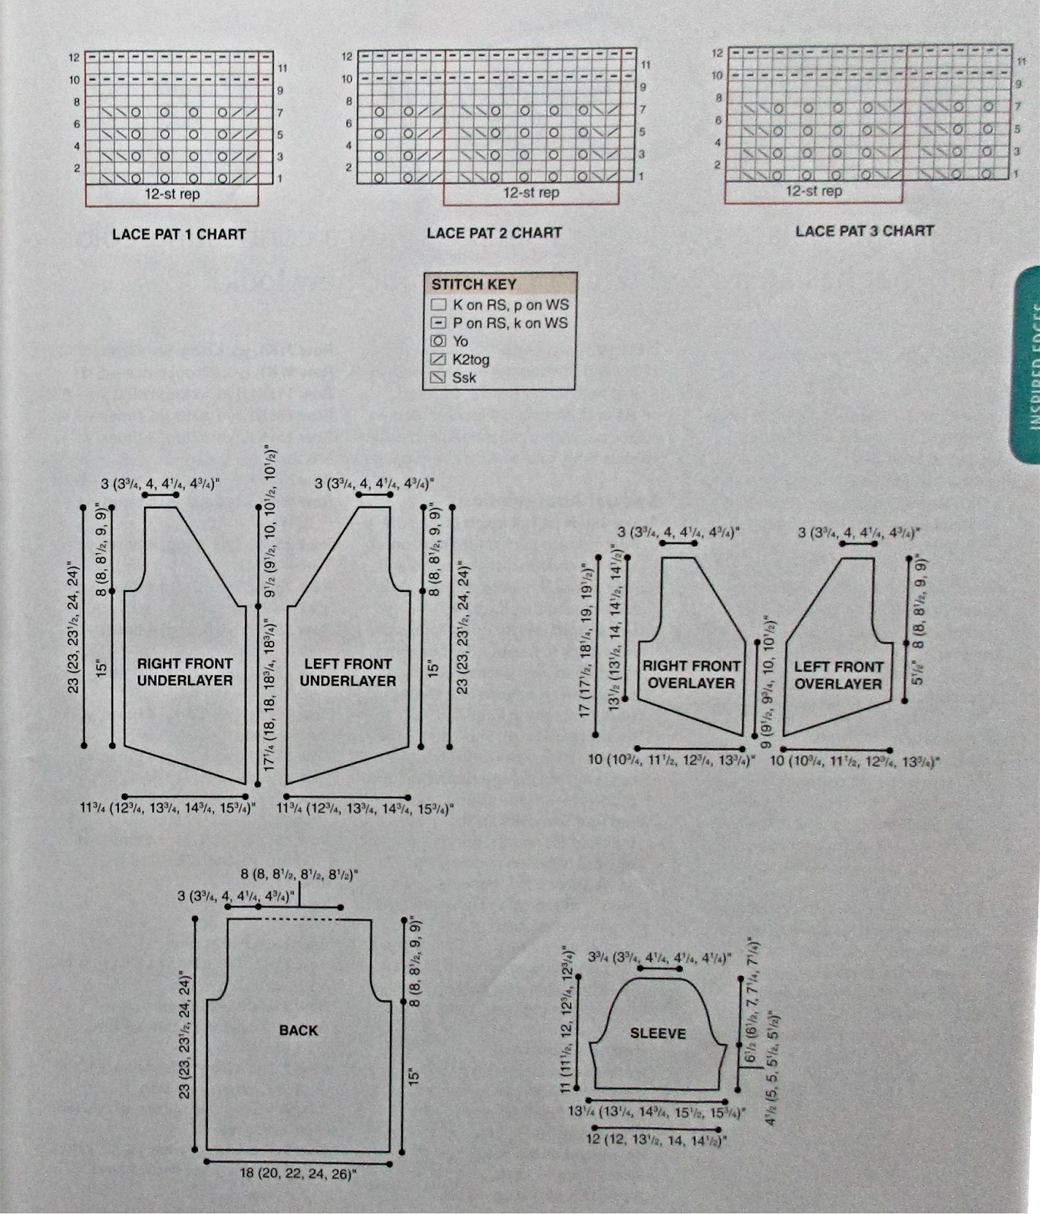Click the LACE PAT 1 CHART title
[x=179, y=234]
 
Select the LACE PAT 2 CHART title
[x=494, y=233]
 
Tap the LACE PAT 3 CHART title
[x=864, y=231]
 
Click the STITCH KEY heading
[x=473, y=285]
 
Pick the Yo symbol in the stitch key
[x=438, y=341]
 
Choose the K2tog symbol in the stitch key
[x=438, y=360]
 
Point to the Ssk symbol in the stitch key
[x=438, y=378]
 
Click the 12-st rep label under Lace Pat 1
[x=172, y=194]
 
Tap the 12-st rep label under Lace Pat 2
[x=531, y=193]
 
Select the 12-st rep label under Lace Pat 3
[x=813, y=191]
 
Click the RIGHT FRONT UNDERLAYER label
[x=184, y=672]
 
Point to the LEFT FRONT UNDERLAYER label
[x=347, y=672]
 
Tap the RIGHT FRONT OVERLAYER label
[x=691, y=675]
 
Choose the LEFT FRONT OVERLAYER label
[x=838, y=675]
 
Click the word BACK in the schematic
[x=298, y=1030]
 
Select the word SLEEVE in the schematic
[x=658, y=1033]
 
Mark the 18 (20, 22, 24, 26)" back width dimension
[x=298, y=1174]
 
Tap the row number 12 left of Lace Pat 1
[x=74, y=58]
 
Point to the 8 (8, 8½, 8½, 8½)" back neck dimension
[x=299, y=875]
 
